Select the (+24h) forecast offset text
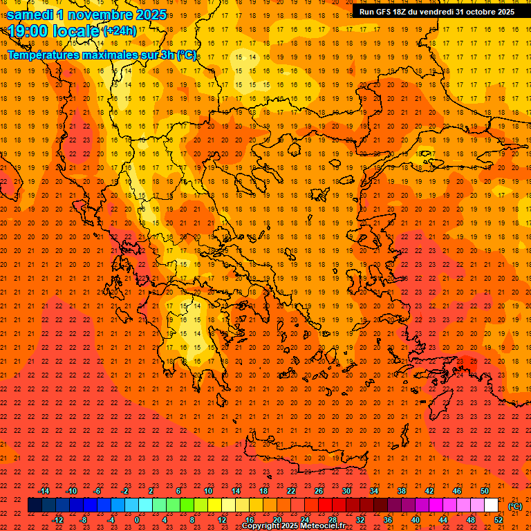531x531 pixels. pyautogui.click(x=120, y=31)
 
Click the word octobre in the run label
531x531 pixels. pyautogui.click(x=481, y=12)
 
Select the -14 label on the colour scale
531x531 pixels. pyautogui.click(x=44, y=491)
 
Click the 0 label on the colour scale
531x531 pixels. pyautogui.click(x=137, y=520)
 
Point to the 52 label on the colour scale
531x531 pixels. pyautogui.click(x=499, y=520)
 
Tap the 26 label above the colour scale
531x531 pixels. pyautogui.click(x=319, y=491)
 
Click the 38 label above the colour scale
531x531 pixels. pyautogui.click(x=402, y=491)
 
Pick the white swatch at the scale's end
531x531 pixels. pyautogui.click(x=492, y=505)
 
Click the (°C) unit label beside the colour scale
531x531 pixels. pyautogui.click(x=515, y=506)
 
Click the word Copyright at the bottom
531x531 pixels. pyautogui.click(x=263, y=526)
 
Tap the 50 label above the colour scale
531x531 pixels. pyautogui.click(x=485, y=491)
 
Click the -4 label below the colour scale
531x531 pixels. pyautogui.click(x=111, y=520)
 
